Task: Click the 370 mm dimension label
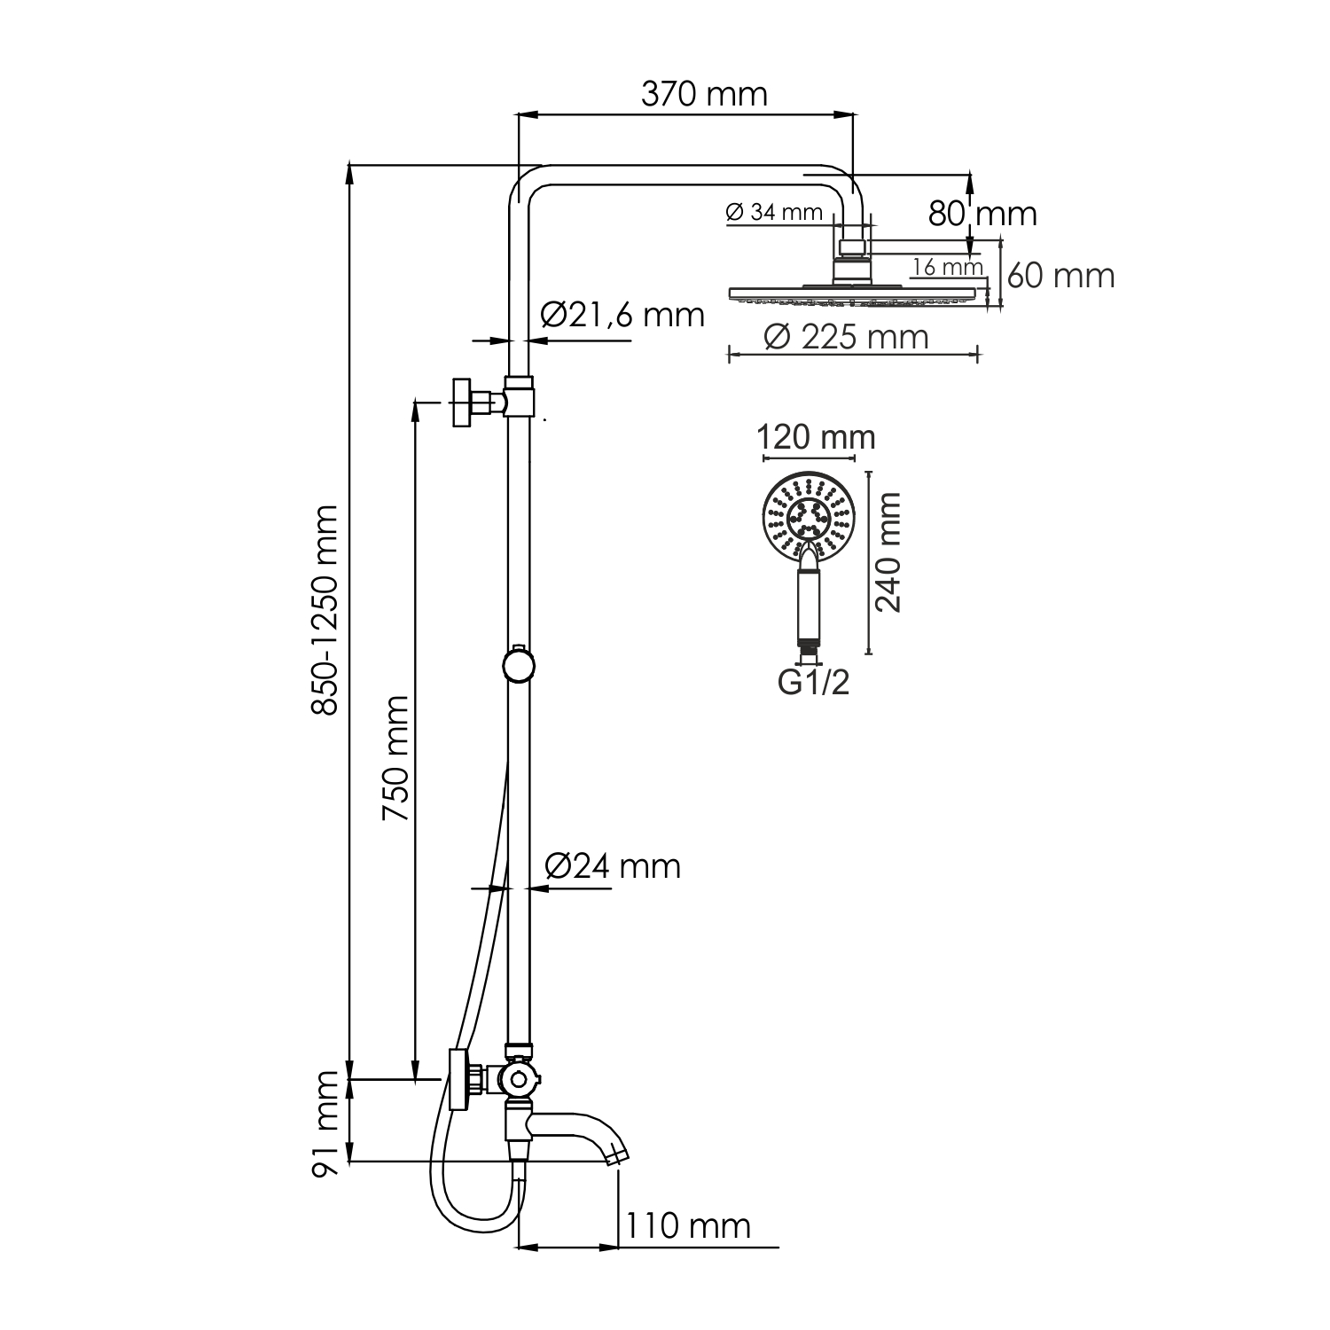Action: [x=704, y=94]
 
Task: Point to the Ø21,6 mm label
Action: [x=622, y=314]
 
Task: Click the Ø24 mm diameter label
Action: [x=613, y=865]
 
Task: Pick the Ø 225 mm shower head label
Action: [x=846, y=337]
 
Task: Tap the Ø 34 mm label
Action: [x=773, y=213]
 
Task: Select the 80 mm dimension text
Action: [x=982, y=214]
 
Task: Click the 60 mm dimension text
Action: [x=1060, y=276]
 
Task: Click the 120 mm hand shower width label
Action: [x=816, y=437]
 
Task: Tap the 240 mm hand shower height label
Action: [x=888, y=552]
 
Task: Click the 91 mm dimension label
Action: [x=326, y=1123]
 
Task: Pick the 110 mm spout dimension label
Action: [x=689, y=1226]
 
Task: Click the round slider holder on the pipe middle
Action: [x=518, y=665]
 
